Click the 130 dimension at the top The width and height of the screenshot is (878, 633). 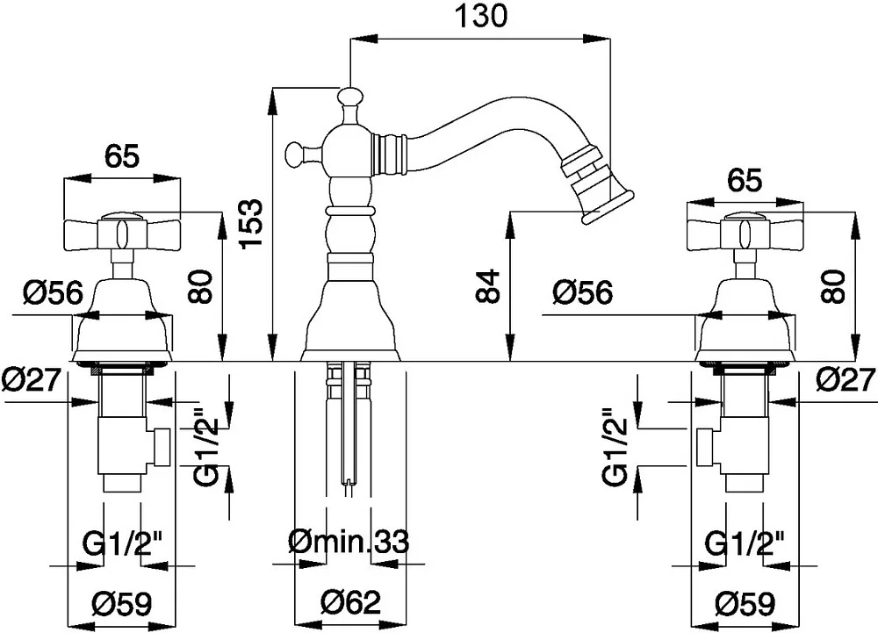(480, 16)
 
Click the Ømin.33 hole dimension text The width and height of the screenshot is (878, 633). (349, 541)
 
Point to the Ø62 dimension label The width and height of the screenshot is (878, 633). (351, 602)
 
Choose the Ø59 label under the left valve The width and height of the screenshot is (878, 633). (121, 603)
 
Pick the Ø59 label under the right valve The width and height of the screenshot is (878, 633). (745, 603)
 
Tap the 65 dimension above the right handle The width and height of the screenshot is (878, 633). (745, 181)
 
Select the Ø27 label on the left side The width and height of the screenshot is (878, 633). (31, 380)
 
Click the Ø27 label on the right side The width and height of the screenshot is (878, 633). (846, 380)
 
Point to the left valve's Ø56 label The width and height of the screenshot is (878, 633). (54, 292)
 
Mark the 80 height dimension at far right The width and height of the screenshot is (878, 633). (833, 286)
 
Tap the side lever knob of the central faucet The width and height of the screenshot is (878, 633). (298, 153)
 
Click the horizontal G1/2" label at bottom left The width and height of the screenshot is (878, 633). (123, 543)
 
